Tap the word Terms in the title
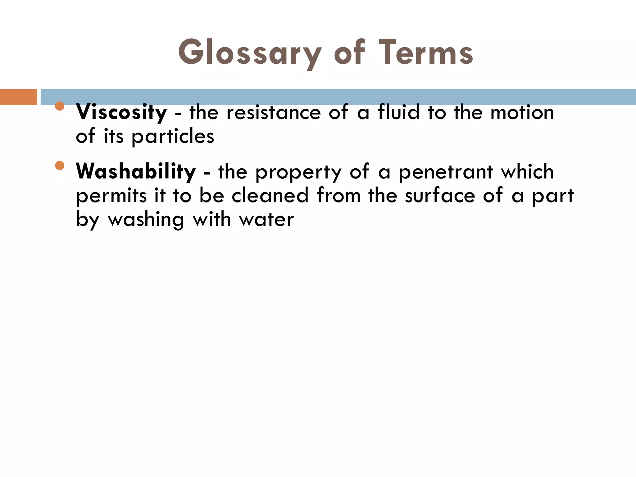(x=426, y=53)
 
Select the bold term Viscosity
(x=121, y=112)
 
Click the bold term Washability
(x=136, y=171)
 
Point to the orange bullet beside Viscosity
(x=59, y=106)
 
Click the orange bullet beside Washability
(x=59, y=166)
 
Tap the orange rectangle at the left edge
(x=18, y=97)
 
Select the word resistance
(x=274, y=112)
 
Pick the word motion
(x=522, y=112)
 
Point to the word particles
(x=173, y=137)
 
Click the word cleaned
(x=270, y=196)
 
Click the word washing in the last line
(x=146, y=220)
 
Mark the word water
(x=266, y=220)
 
